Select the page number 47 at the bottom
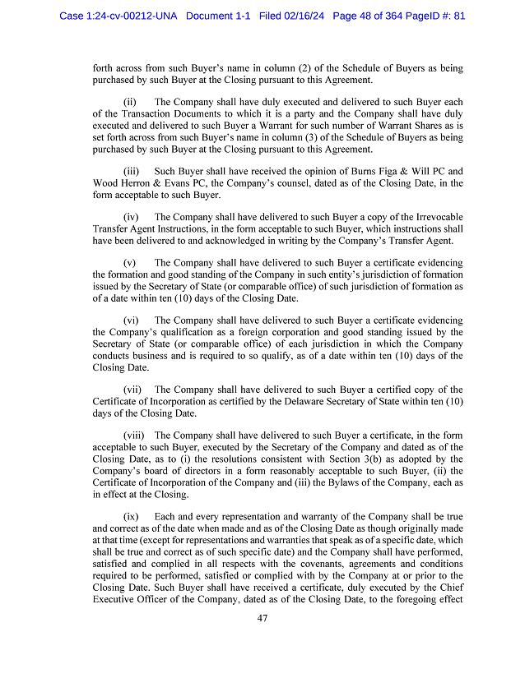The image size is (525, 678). (262, 619)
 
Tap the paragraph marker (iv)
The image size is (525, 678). (132, 217)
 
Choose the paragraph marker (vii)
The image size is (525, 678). (133, 390)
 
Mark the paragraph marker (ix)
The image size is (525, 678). (132, 517)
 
